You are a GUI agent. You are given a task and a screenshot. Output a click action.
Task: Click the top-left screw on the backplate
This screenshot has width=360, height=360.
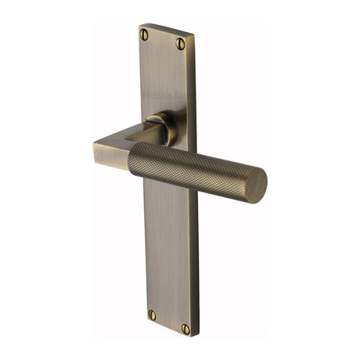pos(144,34)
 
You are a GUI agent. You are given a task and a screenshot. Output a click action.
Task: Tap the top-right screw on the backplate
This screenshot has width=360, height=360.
pos(181,45)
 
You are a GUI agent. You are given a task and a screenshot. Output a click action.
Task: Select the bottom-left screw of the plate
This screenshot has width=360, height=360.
pos(152,315)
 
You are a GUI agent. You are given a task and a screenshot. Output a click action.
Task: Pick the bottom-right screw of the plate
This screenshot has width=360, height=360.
pos(185,329)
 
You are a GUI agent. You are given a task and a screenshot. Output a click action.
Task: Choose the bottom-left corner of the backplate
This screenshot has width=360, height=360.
pos(146,324)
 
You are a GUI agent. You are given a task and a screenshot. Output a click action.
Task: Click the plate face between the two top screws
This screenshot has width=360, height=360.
pos(163,40)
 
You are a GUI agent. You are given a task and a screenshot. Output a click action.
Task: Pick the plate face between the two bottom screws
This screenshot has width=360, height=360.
pos(168,322)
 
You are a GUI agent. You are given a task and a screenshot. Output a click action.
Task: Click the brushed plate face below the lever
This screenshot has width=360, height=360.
pos(168,250)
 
